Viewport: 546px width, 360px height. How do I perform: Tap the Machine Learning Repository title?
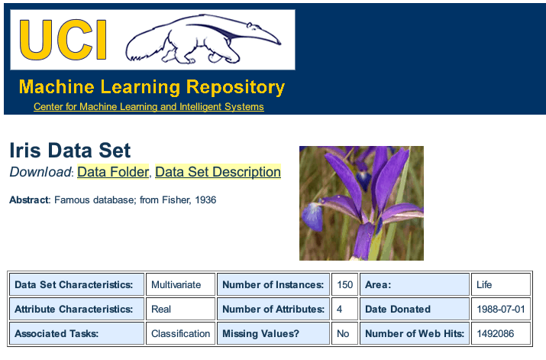151,86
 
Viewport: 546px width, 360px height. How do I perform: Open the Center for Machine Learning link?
148,107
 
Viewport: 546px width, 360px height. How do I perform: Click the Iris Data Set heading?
70,151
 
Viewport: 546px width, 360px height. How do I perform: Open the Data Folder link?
112,172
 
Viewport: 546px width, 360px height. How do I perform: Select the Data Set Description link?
218,172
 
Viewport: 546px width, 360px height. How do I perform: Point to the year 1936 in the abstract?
205,200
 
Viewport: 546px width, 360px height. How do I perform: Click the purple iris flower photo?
361,203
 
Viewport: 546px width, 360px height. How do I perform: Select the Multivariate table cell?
176,284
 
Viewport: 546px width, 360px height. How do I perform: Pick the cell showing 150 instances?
345,284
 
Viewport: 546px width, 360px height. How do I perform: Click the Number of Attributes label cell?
273,310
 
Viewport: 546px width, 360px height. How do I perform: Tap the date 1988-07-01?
500,310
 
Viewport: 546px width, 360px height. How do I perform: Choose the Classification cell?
180,334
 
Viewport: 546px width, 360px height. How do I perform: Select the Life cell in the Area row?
485,284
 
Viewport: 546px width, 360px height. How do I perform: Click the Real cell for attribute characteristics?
161,310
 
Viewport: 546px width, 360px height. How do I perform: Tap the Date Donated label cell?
398,310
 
